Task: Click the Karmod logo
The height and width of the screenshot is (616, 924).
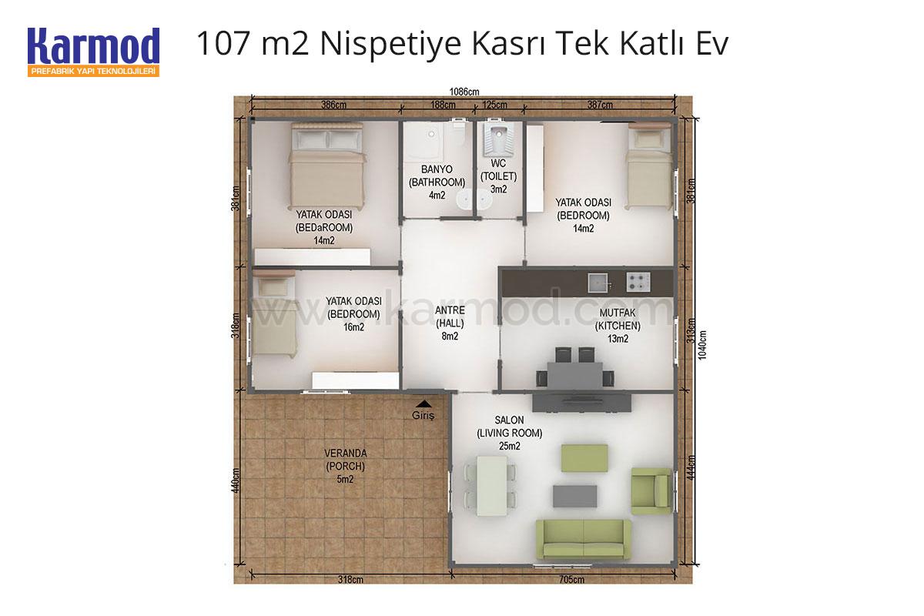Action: click(93, 52)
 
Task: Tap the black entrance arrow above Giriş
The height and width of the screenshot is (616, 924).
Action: click(423, 404)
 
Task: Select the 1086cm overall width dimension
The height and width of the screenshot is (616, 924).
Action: click(464, 92)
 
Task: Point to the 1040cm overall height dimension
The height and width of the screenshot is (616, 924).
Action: click(702, 345)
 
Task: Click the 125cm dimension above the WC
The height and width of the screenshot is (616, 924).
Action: click(494, 105)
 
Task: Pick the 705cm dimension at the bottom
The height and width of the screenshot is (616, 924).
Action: click(571, 579)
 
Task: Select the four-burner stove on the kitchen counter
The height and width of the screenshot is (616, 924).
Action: click(638, 283)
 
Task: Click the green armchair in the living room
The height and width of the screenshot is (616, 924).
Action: click(651, 491)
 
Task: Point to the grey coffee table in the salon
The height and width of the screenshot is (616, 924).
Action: click(574, 496)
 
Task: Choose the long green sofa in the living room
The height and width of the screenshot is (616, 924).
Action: click(584, 539)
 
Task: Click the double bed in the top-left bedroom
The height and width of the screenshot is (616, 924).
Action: click(327, 166)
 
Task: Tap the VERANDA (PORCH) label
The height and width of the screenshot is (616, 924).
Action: click(345, 460)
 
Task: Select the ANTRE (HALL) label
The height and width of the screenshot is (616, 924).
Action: click(450, 316)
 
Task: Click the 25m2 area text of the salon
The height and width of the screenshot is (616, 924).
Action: click(510, 446)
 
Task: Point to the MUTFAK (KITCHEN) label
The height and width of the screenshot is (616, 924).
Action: click(618, 319)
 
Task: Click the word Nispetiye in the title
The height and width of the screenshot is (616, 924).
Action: click(390, 44)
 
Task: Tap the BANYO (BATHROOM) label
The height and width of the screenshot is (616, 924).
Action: click(437, 176)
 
